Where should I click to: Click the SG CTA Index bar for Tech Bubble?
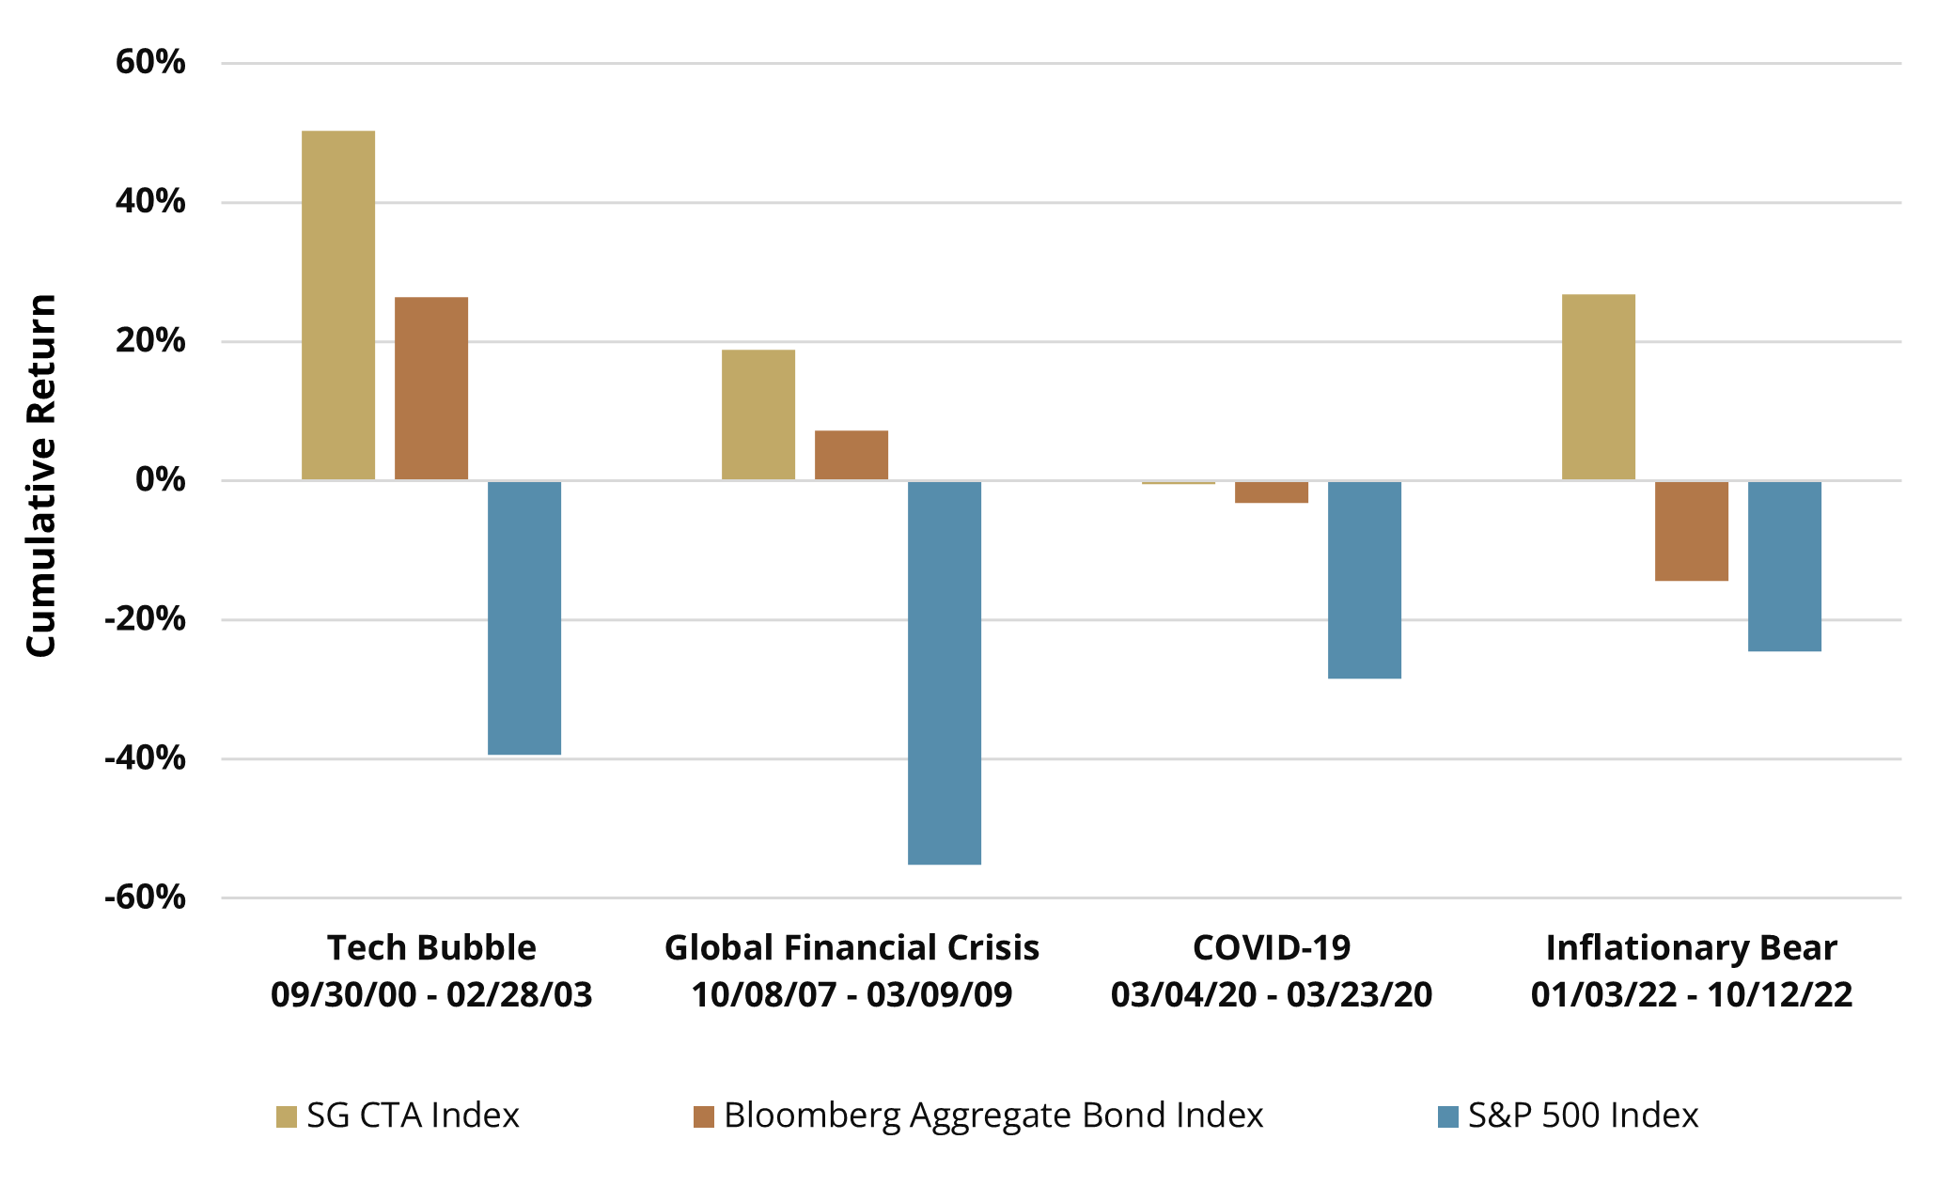[x=338, y=305]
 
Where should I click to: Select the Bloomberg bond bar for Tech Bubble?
[x=431, y=388]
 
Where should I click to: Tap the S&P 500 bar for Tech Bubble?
[x=524, y=617]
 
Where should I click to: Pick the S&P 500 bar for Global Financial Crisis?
[x=945, y=672]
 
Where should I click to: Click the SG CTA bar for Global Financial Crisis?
[x=758, y=414]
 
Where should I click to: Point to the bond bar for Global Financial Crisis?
[x=852, y=455]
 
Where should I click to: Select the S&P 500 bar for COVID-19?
[x=1365, y=580]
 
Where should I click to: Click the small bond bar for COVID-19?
[x=1272, y=492]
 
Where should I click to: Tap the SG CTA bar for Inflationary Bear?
[x=1599, y=387]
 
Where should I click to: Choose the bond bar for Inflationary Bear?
[x=1692, y=531]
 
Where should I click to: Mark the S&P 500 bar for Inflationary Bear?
[x=1785, y=566]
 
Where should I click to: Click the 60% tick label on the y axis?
[x=150, y=62]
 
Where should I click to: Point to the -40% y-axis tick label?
[x=145, y=757]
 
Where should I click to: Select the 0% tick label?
[x=161, y=479]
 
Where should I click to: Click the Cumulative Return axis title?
[x=41, y=476]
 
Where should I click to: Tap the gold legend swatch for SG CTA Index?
[x=286, y=1116]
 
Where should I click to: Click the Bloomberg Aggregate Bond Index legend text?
[x=993, y=1116]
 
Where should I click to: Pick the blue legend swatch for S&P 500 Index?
[x=1448, y=1116]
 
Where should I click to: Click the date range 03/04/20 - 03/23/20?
[x=1272, y=994]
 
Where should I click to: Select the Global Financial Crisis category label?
[x=852, y=947]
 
